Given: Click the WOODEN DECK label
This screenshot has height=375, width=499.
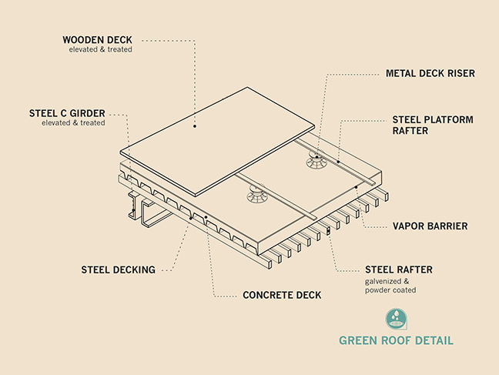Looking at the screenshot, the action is [97, 40].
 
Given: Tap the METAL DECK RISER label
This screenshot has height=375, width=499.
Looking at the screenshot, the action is [430, 73].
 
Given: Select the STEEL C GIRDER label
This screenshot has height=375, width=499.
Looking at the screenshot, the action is [67, 114].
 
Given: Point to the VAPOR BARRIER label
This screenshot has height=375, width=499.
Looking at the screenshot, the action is [430, 226].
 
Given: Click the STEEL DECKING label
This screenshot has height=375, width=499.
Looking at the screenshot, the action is [119, 270].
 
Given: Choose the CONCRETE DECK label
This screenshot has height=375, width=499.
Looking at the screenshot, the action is [282, 296].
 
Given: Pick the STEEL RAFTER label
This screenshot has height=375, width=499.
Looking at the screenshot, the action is [399, 270].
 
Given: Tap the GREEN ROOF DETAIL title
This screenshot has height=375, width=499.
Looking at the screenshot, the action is [397, 340].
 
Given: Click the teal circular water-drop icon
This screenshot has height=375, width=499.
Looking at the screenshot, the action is [396, 319].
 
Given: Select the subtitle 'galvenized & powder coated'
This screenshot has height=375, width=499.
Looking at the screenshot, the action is [390, 286].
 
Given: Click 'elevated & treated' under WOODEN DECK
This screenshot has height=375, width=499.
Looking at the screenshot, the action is [101, 49].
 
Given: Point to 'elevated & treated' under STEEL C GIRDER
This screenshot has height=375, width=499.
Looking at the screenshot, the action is [73, 123].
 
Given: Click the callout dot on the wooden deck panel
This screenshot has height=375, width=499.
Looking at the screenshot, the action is [195, 126].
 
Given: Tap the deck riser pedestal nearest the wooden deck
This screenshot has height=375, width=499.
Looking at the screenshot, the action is [256, 193].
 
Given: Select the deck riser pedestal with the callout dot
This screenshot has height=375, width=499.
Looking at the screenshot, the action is [316, 159].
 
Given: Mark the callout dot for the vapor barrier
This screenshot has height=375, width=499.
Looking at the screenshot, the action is [357, 187].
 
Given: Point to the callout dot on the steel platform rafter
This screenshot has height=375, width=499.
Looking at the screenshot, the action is [339, 162].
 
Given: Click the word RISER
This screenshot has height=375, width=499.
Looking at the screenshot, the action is [461, 73].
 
